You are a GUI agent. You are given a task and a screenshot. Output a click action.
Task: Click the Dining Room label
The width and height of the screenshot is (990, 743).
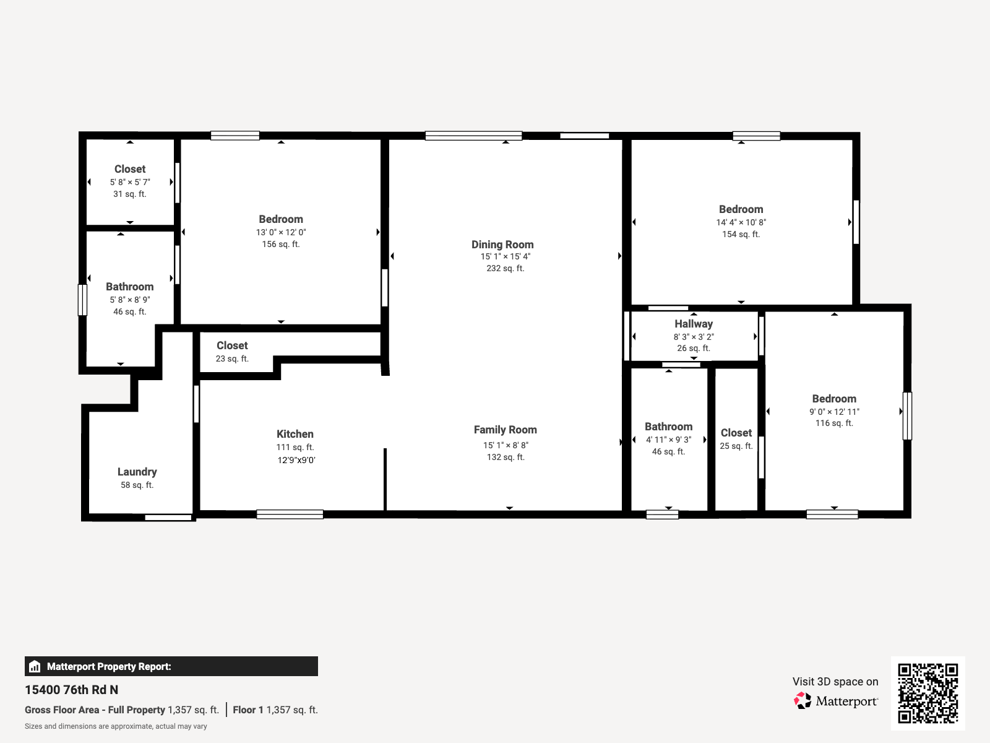tap(502, 245)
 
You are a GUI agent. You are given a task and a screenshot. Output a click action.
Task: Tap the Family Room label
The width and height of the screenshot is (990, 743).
tap(505, 430)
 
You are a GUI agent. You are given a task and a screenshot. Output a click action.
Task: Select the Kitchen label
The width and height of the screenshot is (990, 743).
tap(295, 434)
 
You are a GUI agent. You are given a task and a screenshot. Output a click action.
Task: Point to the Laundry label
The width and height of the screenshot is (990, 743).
tap(137, 472)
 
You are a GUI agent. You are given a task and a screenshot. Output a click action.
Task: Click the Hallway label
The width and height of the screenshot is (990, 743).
tap(694, 324)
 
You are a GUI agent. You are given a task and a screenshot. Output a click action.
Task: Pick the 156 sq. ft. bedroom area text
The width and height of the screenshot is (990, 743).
tap(281, 244)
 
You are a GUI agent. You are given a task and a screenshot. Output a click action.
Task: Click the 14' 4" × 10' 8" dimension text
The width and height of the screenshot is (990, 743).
tap(741, 222)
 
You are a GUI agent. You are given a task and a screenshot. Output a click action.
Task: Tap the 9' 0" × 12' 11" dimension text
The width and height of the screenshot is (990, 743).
tap(835, 412)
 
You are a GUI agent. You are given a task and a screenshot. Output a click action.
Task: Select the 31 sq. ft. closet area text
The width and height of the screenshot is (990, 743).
tap(130, 194)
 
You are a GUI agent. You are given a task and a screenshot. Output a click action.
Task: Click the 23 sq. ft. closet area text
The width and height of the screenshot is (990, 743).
tap(232, 358)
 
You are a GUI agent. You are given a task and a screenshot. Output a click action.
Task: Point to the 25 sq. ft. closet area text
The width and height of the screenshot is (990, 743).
tap(736, 446)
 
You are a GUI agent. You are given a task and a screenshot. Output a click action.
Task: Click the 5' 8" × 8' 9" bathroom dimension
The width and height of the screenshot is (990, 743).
tap(130, 300)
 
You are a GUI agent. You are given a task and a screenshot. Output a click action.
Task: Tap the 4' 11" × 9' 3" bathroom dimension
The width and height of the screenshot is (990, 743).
tap(668, 440)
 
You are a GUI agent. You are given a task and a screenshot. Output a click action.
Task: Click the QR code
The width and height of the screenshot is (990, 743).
tap(928, 693)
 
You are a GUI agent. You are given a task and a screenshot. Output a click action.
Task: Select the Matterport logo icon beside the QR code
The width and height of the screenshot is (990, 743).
tap(803, 701)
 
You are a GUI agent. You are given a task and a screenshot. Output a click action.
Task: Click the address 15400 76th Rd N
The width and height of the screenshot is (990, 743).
tap(71, 690)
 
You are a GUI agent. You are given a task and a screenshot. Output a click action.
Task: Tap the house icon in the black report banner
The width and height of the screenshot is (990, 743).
tap(35, 666)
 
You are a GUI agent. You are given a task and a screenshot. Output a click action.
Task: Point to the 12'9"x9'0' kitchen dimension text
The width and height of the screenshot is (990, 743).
tap(296, 460)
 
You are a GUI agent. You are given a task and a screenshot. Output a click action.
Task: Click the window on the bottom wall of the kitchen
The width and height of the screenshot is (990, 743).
tap(290, 515)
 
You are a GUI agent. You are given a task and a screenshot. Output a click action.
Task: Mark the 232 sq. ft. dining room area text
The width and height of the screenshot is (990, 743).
tap(505, 269)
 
